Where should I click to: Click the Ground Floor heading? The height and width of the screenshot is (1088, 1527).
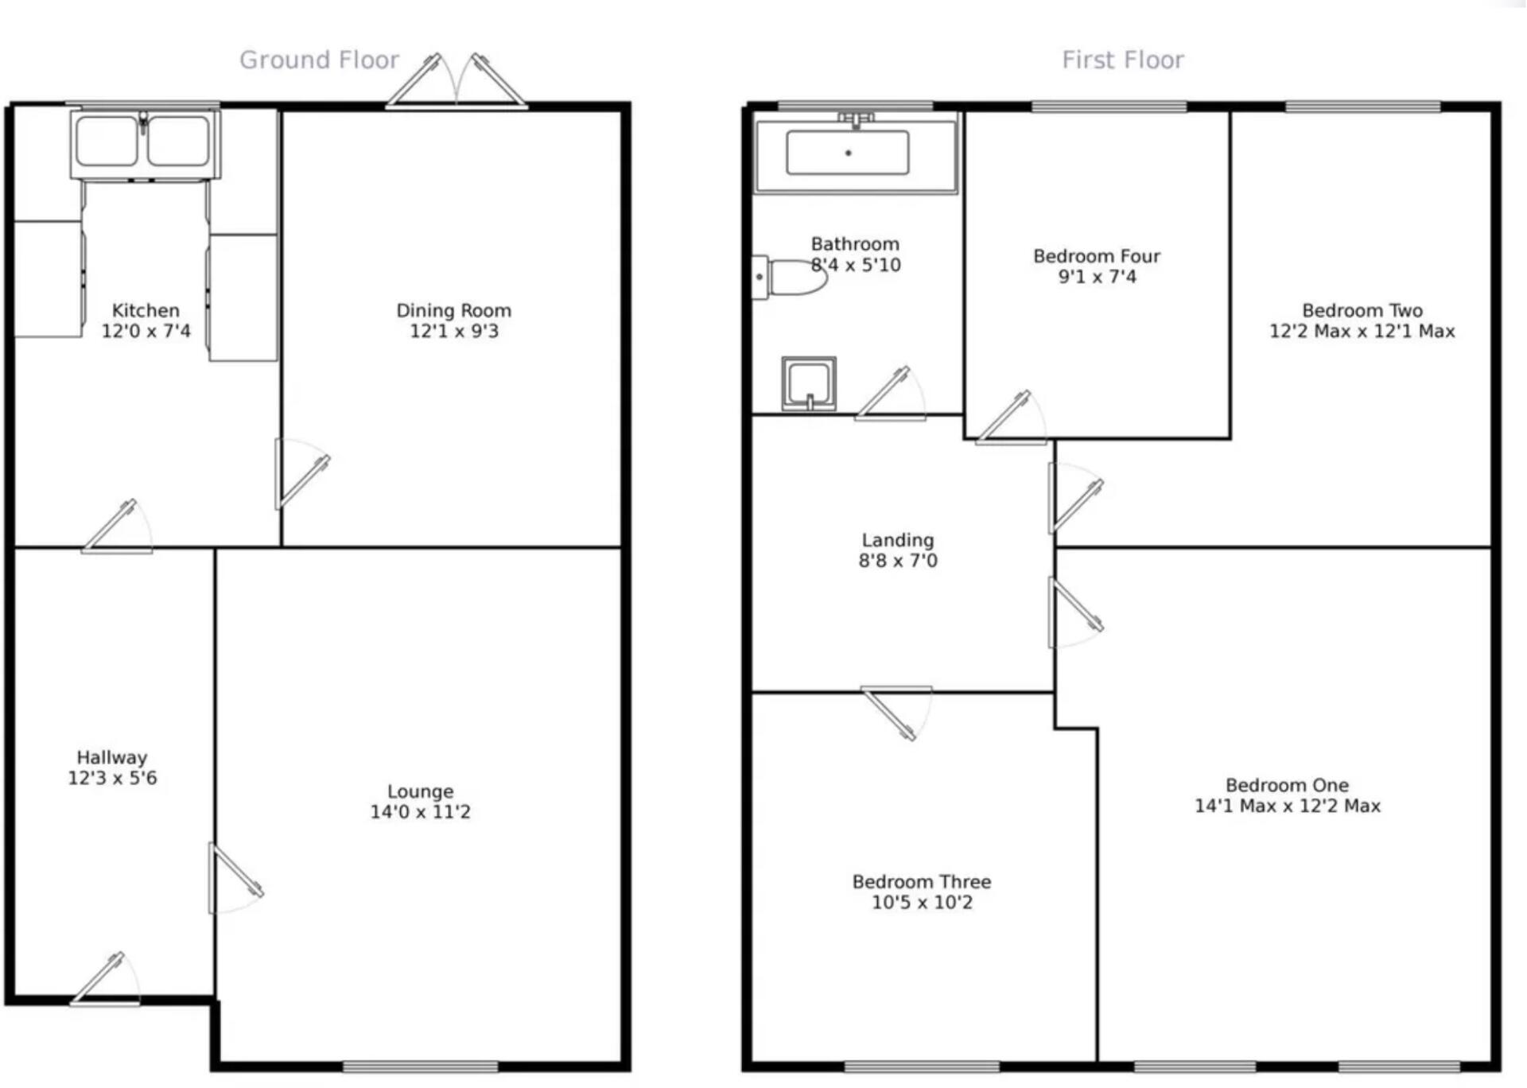click(319, 60)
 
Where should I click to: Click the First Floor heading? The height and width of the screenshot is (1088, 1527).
click(1122, 60)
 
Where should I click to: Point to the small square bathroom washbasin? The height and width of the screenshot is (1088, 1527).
click(809, 383)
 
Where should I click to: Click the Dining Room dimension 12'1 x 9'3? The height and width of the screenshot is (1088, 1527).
click(453, 331)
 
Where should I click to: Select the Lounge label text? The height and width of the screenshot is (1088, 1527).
click(420, 791)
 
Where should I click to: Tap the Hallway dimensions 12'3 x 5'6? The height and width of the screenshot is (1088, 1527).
click(112, 778)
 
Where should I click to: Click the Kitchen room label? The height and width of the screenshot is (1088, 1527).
click(145, 310)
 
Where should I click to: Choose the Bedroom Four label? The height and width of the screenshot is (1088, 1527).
click(1096, 256)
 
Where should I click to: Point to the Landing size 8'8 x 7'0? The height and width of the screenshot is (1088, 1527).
click(898, 561)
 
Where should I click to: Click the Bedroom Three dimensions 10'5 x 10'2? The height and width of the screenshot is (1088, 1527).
click(922, 902)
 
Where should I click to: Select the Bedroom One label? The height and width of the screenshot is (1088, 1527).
click(1286, 785)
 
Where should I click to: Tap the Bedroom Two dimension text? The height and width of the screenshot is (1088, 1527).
click(1362, 331)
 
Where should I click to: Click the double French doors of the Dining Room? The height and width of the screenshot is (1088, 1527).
click(457, 84)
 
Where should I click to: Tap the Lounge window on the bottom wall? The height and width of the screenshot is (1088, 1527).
click(420, 1066)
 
